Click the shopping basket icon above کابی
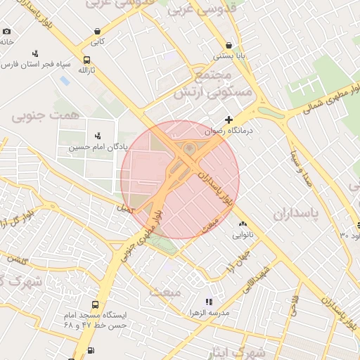click(96, 31)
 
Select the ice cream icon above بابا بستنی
click(229, 44)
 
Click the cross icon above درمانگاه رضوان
click(229, 120)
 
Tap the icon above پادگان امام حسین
click(97, 135)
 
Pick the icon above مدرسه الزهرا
click(208, 300)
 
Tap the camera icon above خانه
click(7, 31)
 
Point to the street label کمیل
click(124, 208)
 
